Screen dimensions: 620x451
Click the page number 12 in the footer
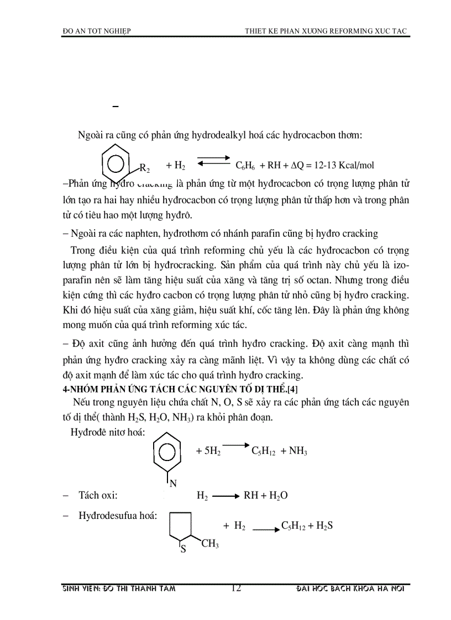point(236,589)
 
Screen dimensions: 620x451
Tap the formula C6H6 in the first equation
point(245,165)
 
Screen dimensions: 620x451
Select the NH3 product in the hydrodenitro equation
point(297,451)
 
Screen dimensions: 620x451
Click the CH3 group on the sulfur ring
point(209,544)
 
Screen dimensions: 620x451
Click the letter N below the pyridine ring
point(172,484)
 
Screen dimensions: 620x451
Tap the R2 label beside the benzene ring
point(144,167)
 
